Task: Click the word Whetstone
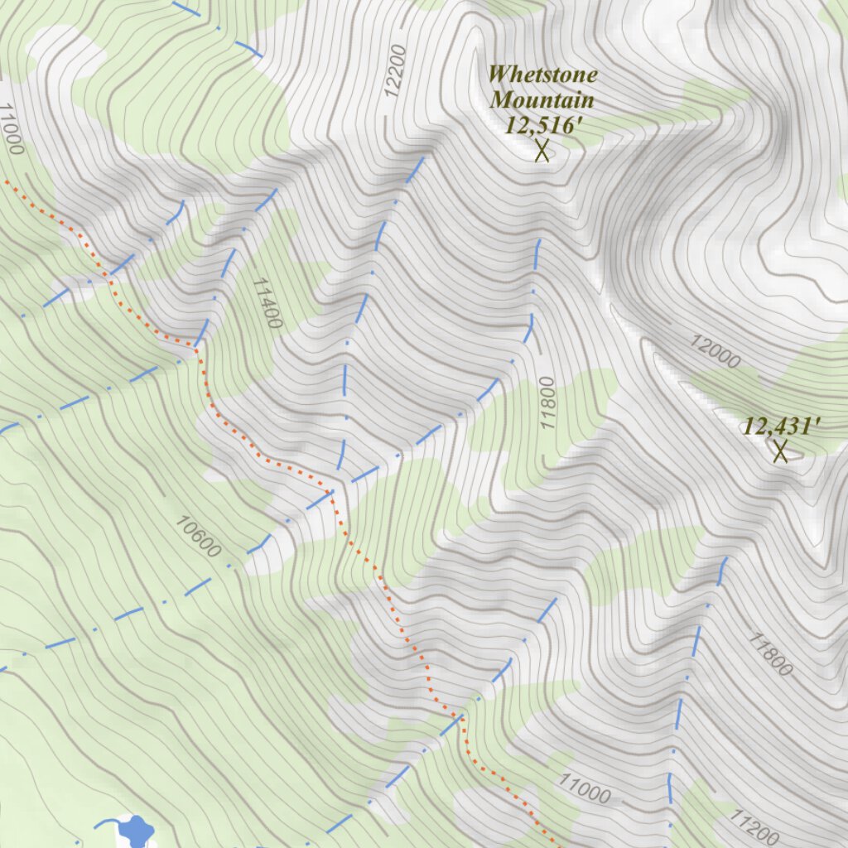point(542,74)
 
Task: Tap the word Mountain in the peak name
point(542,100)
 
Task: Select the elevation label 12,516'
point(542,125)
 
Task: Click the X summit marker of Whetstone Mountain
point(542,151)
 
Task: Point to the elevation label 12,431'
point(781,426)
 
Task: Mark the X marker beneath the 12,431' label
point(780,451)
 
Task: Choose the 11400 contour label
point(267,302)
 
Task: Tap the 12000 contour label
point(715,352)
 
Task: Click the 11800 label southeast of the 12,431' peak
point(771,653)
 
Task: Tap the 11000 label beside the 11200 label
point(585,789)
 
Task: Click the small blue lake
point(136,829)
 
